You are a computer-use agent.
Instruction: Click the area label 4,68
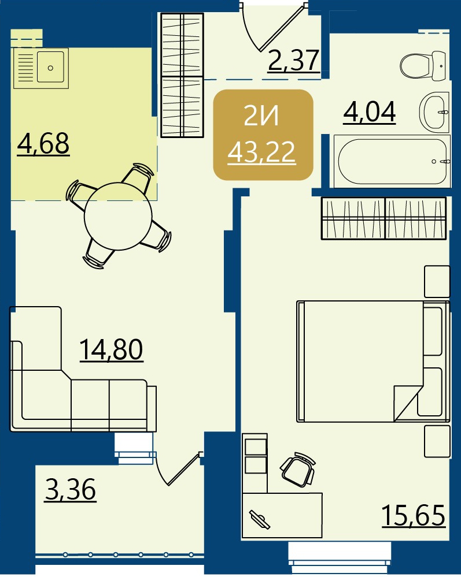pos(43,144)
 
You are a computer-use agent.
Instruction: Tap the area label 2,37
pos(294,61)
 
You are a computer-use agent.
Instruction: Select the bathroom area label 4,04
pos(369,112)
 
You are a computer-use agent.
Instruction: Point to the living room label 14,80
pos(111,349)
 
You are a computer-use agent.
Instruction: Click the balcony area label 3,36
pos(71,489)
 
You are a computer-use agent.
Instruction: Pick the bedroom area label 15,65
pos(414,516)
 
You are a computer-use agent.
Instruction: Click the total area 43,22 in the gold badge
pos(261,152)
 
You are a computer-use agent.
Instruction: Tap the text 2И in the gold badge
pos(261,117)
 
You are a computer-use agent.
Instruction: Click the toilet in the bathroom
pos(425,65)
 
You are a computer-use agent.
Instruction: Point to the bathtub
pos(392,161)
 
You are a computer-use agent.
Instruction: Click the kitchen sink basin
pos(50,67)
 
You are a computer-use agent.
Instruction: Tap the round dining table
pos(118,216)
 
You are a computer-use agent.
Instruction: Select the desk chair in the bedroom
pos(298,470)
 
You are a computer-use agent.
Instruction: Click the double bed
pos(373,362)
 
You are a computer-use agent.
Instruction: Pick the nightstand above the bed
pos(437,281)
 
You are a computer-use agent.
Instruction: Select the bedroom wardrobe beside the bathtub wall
pos(384,218)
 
